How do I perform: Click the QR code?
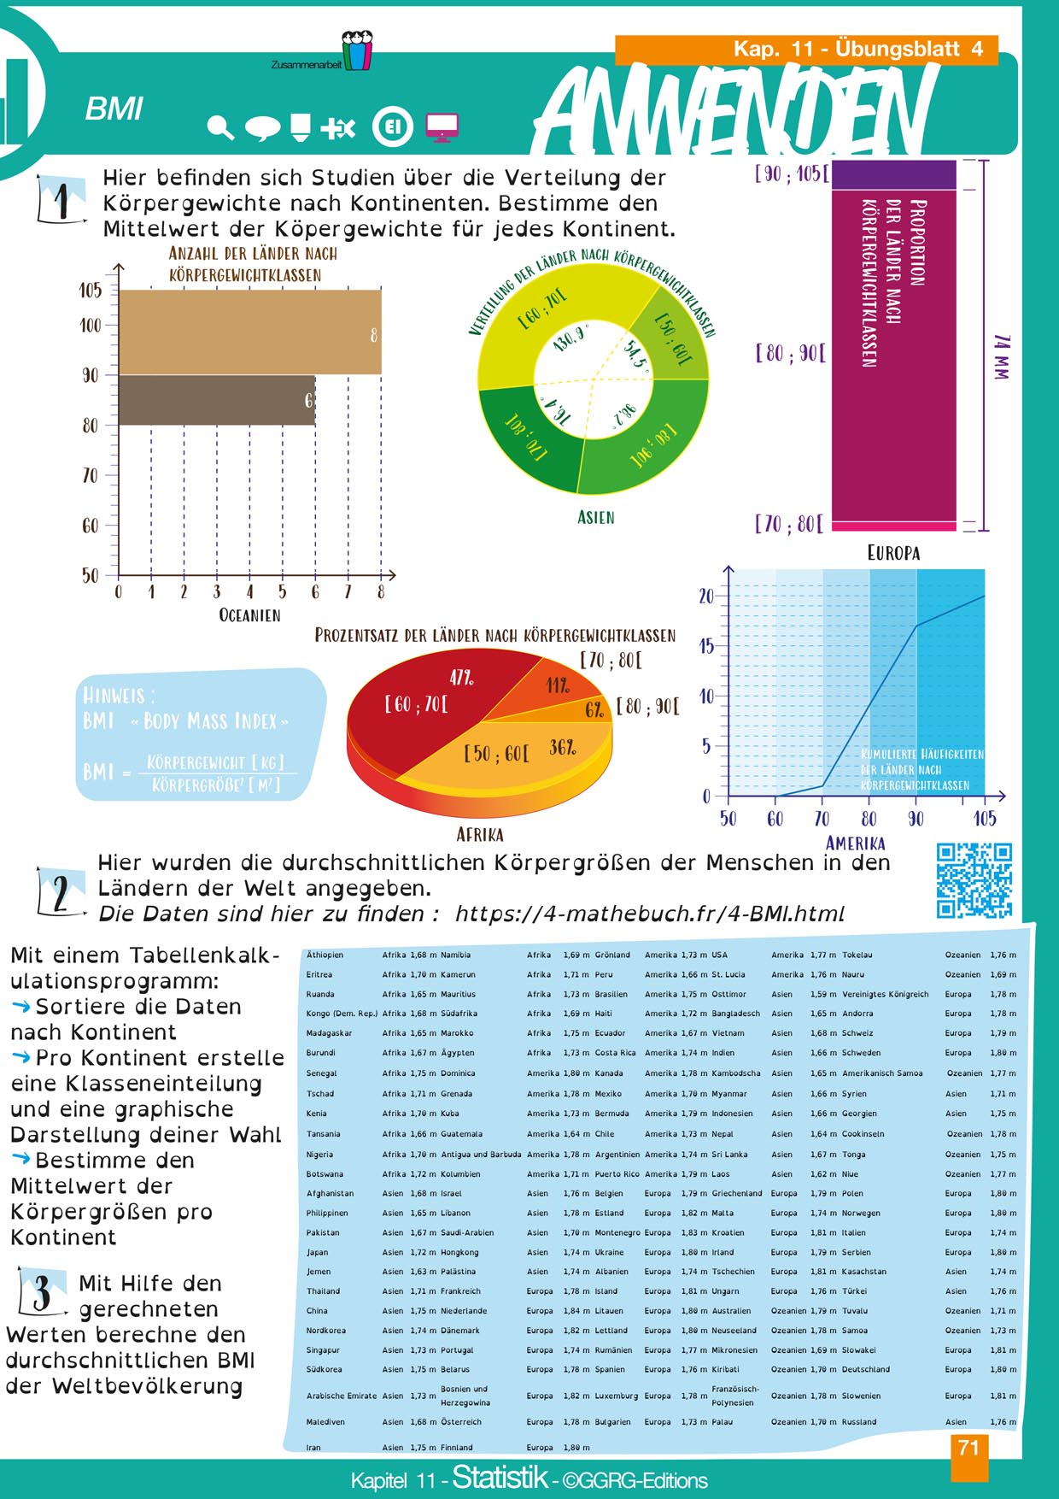(x=974, y=880)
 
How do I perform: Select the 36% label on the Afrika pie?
(x=562, y=747)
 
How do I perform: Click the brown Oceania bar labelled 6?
(x=216, y=400)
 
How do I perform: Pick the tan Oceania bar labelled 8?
(x=249, y=332)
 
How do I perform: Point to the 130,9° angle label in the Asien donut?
(x=569, y=338)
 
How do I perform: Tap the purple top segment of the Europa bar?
(x=893, y=174)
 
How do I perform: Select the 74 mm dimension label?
(x=1002, y=356)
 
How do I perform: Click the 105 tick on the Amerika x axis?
(x=984, y=819)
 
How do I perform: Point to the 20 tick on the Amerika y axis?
(x=706, y=597)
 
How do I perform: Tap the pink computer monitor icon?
(x=441, y=127)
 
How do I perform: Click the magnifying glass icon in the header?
(x=220, y=128)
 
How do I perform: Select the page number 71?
(x=968, y=1448)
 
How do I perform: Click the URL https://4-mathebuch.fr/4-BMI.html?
(x=649, y=914)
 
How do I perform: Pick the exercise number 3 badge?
(x=41, y=1292)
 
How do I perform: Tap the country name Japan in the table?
(x=318, y=1252)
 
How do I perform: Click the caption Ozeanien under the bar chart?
(x=249, y=615)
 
